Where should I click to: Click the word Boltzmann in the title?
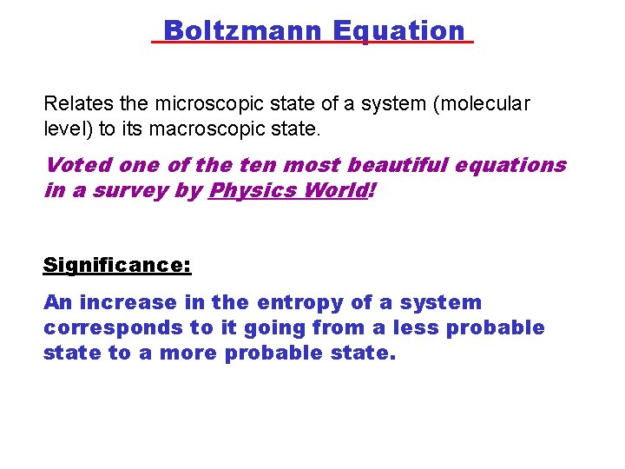(x=242, y=31)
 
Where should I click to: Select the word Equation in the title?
(x=398, y=31)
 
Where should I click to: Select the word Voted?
(x=74, y=165)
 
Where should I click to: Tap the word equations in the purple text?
(x=514, y=165)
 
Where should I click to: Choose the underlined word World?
(x=334, y=189)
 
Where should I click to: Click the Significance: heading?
(x=117, y=264)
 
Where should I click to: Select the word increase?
(x=119, y=303)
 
